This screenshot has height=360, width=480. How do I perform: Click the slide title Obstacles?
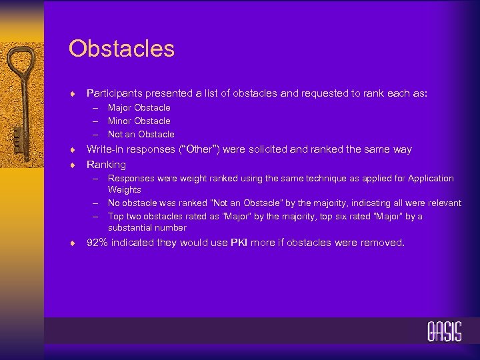121,49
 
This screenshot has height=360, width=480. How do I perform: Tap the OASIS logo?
444,332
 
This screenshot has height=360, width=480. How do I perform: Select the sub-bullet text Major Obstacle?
139,107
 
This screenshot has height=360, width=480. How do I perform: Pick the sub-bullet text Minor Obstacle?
139,121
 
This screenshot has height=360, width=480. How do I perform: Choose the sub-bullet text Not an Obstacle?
141,134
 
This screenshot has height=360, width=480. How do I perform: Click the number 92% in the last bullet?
97,243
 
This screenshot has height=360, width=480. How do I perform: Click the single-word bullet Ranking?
106,164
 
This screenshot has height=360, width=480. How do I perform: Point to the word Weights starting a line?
125,189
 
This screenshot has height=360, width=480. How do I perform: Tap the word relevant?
442,203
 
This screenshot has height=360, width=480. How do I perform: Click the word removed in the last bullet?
382,243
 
